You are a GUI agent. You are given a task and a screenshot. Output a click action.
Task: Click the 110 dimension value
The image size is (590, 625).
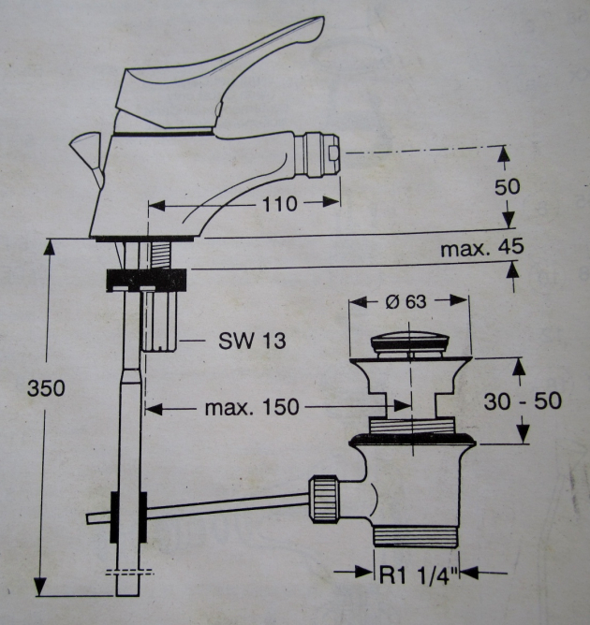(280, 203)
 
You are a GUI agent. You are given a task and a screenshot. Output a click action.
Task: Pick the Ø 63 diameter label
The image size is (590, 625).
(406, 301)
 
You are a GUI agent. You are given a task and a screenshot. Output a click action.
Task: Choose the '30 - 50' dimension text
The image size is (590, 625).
(522, 400)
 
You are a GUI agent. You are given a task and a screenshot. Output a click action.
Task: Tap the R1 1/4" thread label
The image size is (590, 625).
(415, 573)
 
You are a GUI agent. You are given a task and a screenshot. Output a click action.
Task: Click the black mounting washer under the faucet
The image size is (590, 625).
(148, 279)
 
